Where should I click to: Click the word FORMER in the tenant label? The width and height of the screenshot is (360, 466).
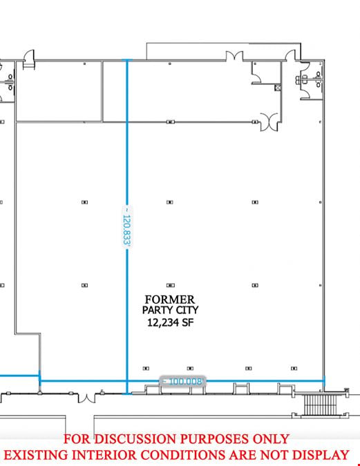[169, 299]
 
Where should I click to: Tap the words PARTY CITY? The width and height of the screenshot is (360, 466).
[170, 310]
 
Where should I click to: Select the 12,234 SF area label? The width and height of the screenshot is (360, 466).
[171, 322]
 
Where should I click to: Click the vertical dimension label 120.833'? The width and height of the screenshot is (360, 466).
[127, 226]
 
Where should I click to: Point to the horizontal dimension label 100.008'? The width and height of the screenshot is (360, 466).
[183, 381]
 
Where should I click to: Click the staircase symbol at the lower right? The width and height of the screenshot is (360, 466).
[320, 405]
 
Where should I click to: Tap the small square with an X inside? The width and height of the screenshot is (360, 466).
[278, 88]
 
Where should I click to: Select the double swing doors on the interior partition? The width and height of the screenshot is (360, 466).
[269, 122]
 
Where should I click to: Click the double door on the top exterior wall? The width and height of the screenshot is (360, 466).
[234, 56]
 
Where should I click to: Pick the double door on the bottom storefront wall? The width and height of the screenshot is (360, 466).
[86, 398]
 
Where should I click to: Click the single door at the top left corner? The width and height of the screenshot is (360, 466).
[29, 59]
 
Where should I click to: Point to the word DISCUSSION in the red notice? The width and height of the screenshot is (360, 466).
[137, 439]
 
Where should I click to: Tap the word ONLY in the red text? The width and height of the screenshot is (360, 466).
[271, 439]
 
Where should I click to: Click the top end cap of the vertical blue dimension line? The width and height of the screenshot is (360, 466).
[127, 60]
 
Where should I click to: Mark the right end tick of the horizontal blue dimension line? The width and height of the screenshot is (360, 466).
[324, 380]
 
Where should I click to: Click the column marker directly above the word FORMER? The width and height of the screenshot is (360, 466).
[170, 285]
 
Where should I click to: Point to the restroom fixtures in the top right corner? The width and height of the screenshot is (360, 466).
[311, 79]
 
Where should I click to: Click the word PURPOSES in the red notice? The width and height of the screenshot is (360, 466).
[216, 439]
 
